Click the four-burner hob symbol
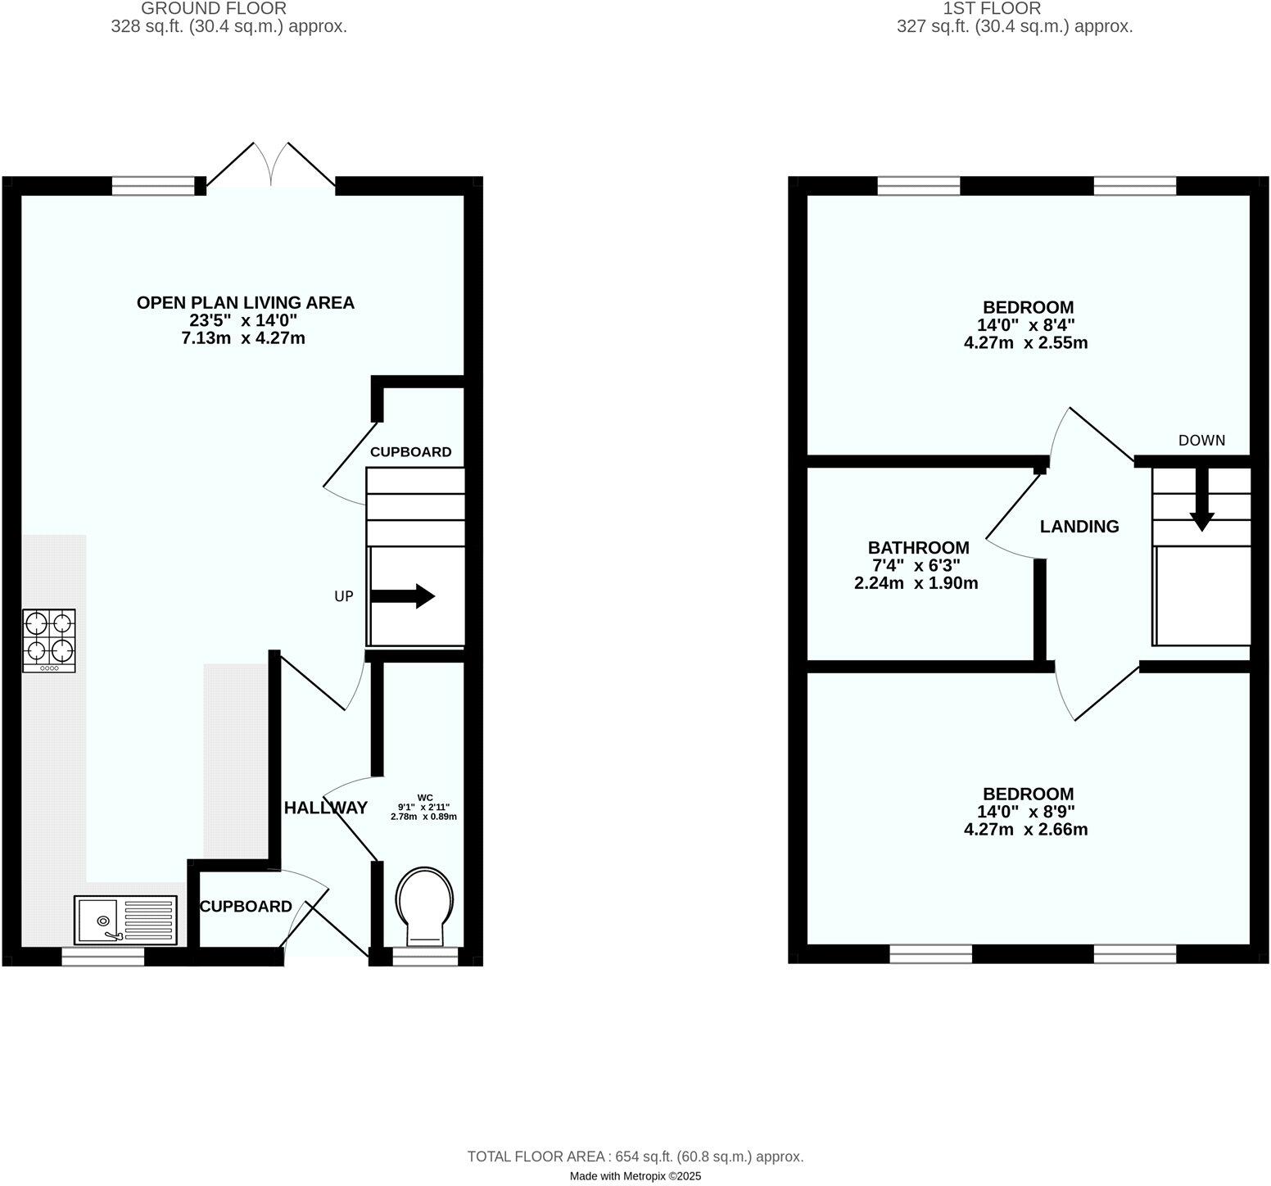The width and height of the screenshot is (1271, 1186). click(49, 641)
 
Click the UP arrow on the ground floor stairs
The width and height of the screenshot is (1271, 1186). click(403, 596)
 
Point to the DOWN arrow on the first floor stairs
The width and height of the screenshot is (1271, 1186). click(1201, 499)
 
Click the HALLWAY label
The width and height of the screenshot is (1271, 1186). click(325, 808)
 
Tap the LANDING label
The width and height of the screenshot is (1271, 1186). click(1079, 527)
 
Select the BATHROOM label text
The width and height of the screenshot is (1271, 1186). click(918, 547)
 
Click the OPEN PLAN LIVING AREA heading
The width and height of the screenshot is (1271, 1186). click(245, 302)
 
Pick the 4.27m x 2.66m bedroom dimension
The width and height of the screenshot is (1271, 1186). click(1025, 830)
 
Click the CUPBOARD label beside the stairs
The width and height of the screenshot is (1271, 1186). click(410, 452)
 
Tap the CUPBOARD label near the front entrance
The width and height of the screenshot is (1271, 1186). click(246, 907)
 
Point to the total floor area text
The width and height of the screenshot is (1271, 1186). click(635, 1157)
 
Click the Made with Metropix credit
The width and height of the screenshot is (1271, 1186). click(635, 1176)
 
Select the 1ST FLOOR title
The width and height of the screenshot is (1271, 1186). click(992, 8)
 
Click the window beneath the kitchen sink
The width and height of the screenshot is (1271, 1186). click(103, 956)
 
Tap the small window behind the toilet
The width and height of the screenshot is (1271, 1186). click(425, 956)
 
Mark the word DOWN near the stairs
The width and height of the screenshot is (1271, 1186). click(1201, 440)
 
